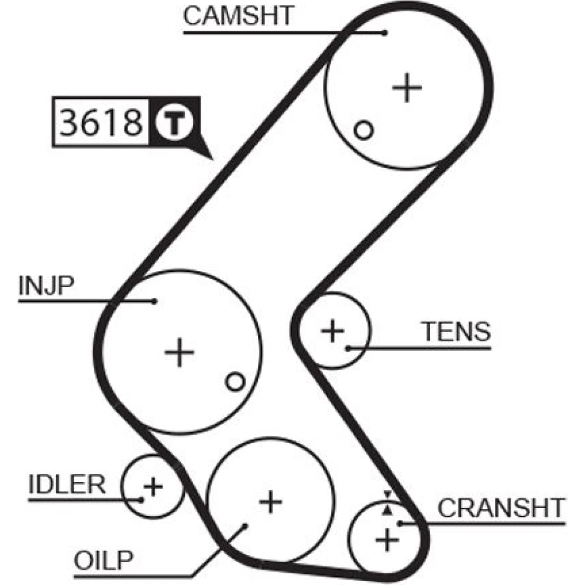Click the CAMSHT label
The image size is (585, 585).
238,16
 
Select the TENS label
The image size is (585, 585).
456,332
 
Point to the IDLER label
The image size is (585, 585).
67,484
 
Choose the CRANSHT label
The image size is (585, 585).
501,508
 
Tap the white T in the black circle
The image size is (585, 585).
173,122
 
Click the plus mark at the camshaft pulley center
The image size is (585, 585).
407,88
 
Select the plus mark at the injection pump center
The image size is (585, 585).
179,353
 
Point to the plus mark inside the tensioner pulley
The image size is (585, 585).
333,331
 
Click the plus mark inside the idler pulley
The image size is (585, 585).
153,486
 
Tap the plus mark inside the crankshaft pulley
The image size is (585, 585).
386,539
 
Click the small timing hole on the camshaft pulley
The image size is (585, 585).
364,130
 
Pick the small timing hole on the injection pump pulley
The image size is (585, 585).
235,382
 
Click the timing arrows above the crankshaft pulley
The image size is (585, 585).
387,503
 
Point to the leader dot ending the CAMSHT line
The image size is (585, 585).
384,33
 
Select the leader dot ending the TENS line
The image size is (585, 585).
348,349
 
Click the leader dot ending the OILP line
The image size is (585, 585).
246,525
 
